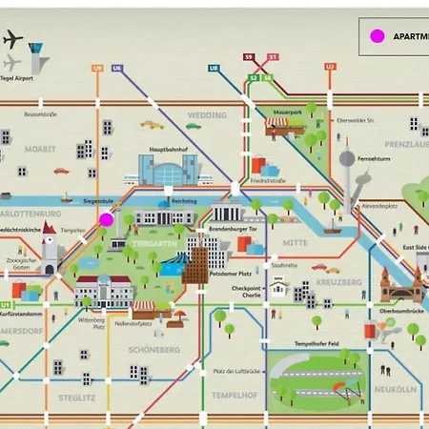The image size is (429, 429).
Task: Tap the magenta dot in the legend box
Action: [x=377, y=36]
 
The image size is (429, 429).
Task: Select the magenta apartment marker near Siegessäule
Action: [x=106, y=219]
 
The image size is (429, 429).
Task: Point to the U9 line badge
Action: [x=97, y=68]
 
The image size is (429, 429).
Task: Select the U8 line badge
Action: [x=214, y=68]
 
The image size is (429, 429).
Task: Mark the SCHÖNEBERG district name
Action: [x=153, y=350]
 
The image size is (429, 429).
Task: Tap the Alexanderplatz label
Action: [x=379, y=205]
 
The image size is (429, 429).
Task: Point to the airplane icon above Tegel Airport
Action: [x=12, y=40]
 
